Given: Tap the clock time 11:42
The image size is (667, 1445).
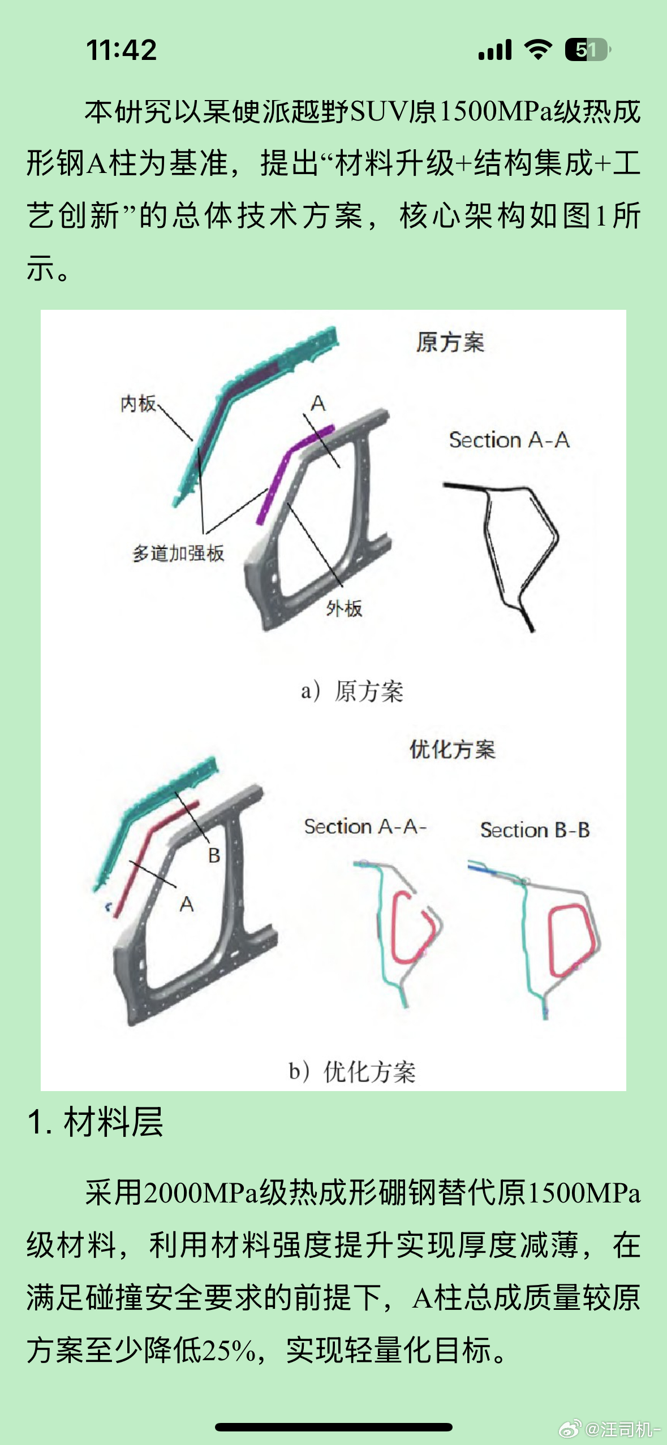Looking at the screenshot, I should coord(121,50).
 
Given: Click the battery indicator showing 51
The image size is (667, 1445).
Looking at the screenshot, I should coord(587,50).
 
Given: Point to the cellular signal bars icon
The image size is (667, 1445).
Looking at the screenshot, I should coord(495,50).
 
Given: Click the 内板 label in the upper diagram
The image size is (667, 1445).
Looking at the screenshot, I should coord(138,404).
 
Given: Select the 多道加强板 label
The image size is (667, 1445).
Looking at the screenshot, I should coord(178,553).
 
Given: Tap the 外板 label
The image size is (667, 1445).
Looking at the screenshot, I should coord(344,608).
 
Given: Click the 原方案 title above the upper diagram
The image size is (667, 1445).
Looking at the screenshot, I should coord(450,343).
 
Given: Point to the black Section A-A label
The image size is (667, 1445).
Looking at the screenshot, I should coord(509,440).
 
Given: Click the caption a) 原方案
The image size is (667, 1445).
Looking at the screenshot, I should coord(352,691).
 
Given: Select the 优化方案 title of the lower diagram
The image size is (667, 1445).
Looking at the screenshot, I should coord(452,750).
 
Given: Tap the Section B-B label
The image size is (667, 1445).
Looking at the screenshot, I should coord(535,830).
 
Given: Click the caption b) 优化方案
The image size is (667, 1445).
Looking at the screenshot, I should coord(352,1071).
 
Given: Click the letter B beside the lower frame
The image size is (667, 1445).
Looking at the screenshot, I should coord(214,855).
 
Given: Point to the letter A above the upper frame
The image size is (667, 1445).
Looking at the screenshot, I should coord(318,403).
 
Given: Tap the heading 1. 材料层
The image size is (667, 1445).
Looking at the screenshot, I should coord(95,1122).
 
